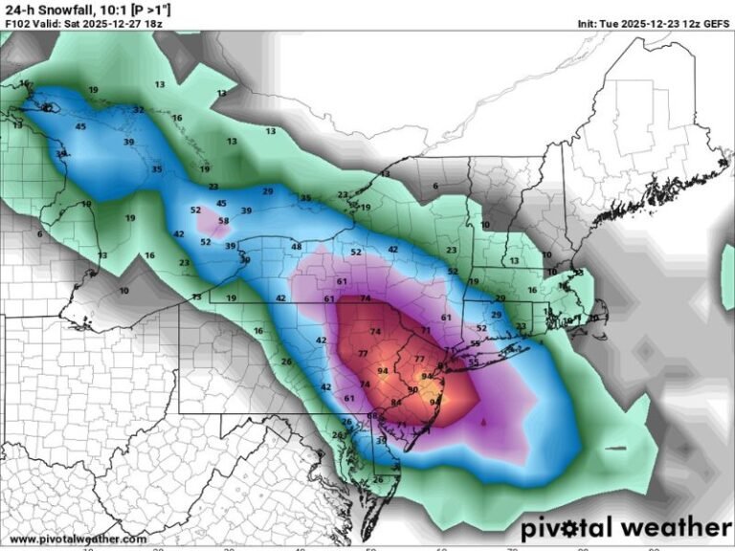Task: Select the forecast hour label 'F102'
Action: point(17,22)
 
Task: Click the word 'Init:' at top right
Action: point(590,22)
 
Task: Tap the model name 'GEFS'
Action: point(716,22)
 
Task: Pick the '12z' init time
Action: point(693,22)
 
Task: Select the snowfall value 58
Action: point(224,221)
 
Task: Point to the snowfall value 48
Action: point(297,247)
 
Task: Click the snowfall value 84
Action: point(396,403)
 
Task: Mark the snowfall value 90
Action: point(412,389)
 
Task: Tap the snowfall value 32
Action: point(139,109)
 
